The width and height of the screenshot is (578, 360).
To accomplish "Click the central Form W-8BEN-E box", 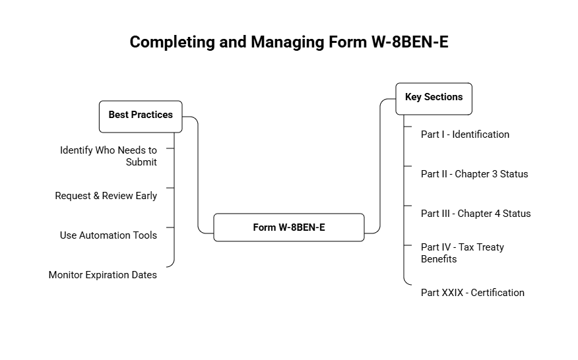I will (288, 227).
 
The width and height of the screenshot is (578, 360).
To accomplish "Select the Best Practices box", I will (140, 115).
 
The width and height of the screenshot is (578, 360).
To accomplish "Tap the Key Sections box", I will (434, 98).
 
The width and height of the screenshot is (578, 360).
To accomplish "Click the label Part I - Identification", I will (465, 135).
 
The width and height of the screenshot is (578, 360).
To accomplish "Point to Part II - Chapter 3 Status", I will (474, 174).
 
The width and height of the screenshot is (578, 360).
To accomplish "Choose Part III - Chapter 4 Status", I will (475, 214).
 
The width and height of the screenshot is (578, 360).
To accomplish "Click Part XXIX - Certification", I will (472, 293).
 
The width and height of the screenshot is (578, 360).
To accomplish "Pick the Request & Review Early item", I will (106, 196).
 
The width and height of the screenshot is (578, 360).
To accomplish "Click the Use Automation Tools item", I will (108, 235).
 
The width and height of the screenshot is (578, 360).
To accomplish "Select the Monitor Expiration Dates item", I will (102, 275).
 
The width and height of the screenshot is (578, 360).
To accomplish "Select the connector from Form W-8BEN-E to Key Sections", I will (381, 165).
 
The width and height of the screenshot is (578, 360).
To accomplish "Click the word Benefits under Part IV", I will (439, 259).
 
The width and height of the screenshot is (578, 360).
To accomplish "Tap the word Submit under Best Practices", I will (141, 162).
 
